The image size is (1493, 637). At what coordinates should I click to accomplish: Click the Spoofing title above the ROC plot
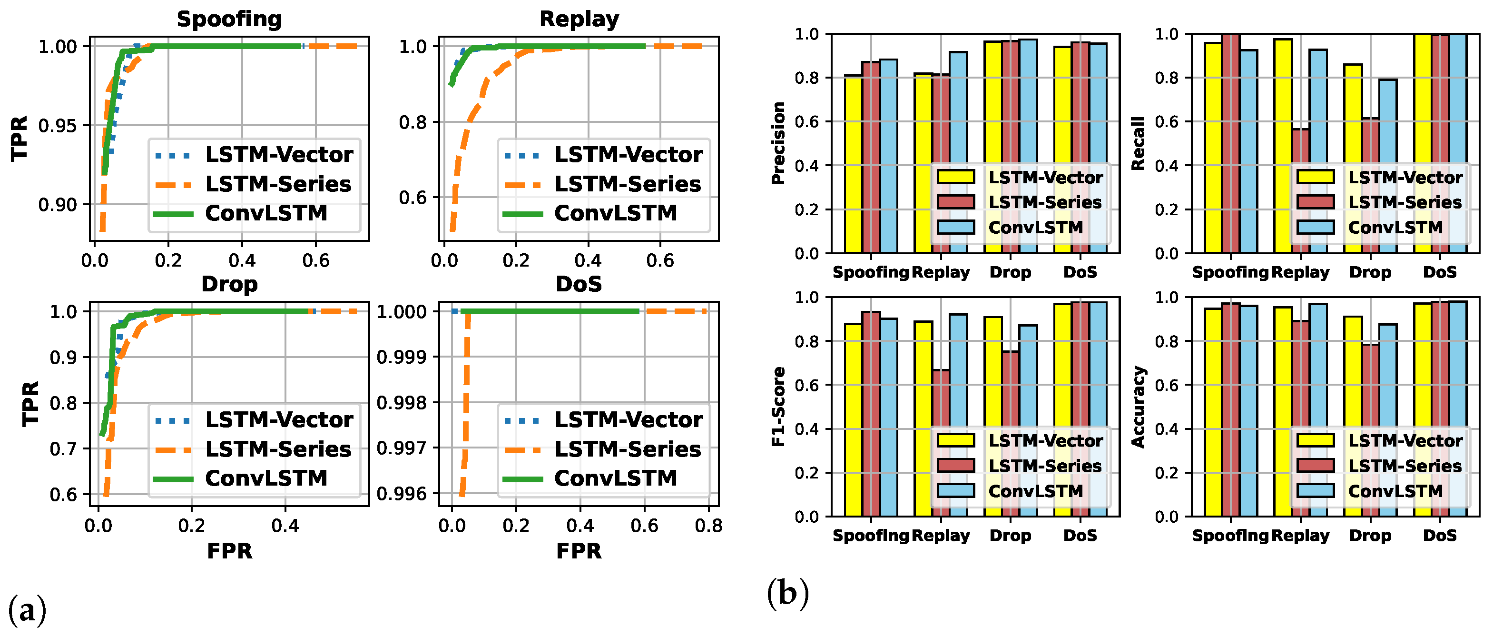[x=229, y=19]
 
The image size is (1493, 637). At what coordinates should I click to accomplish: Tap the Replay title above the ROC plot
[x=579, y=19]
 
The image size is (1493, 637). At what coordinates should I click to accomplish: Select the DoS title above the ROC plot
[x=579, y=284]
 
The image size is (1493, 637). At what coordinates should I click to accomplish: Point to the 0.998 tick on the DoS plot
[x=401, y=403]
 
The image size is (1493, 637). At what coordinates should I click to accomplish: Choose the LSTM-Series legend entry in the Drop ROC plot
[x=278, y=449]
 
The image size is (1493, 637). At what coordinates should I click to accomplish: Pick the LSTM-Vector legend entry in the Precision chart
[x=1045, y=178]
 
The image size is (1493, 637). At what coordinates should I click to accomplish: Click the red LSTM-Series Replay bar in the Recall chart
[x=1300, y=191]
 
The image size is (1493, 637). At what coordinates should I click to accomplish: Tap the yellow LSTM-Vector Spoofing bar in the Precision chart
[x=853, y=165]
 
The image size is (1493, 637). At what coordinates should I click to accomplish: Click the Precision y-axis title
[x=778, y=143]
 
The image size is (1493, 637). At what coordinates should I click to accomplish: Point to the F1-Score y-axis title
[x=778, y=407]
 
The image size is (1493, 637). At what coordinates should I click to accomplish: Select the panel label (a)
[x=27, y=610]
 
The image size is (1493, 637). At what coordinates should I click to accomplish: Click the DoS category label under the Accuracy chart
[x=1440, y=535]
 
